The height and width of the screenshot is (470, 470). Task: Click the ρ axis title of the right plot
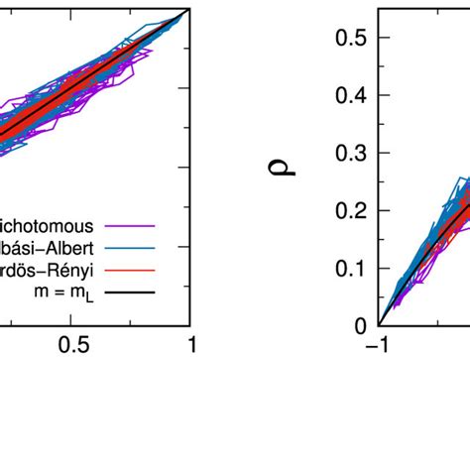click(x=285, y=179)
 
